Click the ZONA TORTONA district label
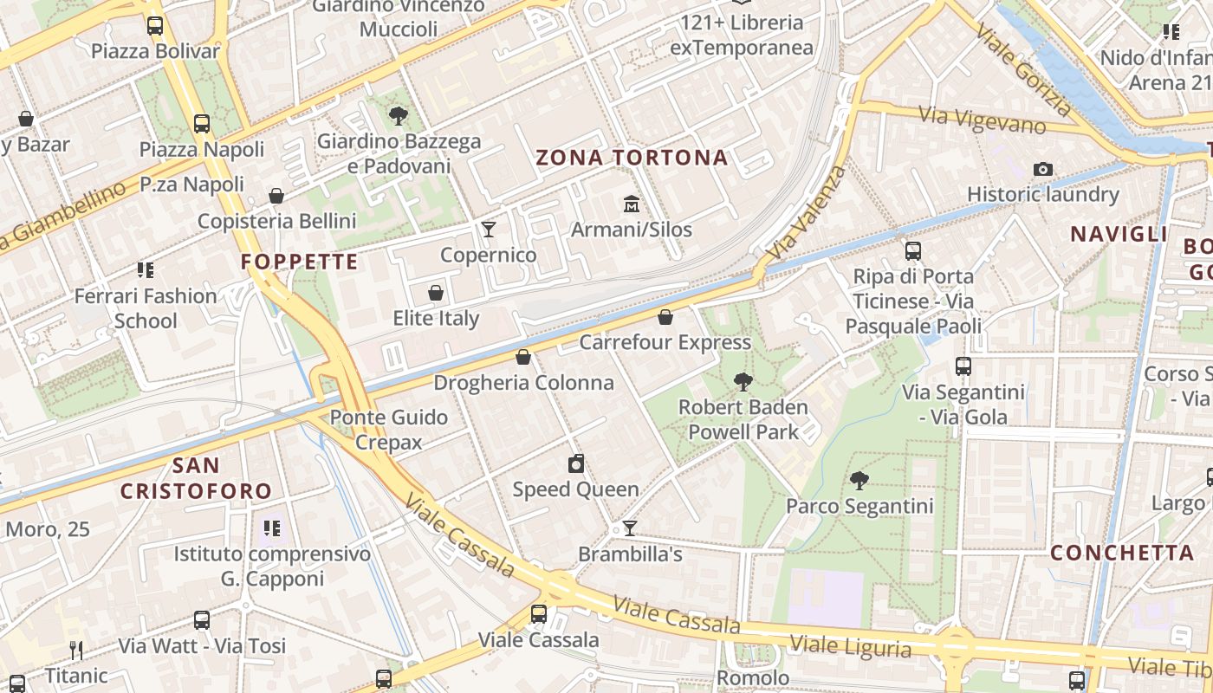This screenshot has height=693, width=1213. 632,158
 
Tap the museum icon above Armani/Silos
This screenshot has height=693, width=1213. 632,204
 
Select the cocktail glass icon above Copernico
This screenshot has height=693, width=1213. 489,229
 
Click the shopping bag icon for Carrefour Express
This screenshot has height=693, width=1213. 665,317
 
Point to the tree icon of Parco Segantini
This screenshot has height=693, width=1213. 859,480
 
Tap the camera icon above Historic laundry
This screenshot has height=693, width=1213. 1043,169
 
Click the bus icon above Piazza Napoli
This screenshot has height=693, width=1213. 202,123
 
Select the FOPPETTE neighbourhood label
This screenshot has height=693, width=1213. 299,262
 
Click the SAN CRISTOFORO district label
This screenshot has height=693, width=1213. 196,479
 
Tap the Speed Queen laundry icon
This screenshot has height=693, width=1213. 576,463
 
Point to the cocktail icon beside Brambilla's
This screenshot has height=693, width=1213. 630,528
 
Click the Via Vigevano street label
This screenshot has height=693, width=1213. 982,119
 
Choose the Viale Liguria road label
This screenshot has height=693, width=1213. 851,645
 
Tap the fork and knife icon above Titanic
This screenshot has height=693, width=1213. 76,650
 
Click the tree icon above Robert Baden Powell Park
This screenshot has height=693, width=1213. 743,381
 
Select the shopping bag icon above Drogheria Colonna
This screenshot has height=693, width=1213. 523,357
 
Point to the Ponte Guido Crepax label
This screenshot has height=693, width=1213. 389,430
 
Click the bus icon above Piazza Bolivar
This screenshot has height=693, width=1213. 155,26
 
